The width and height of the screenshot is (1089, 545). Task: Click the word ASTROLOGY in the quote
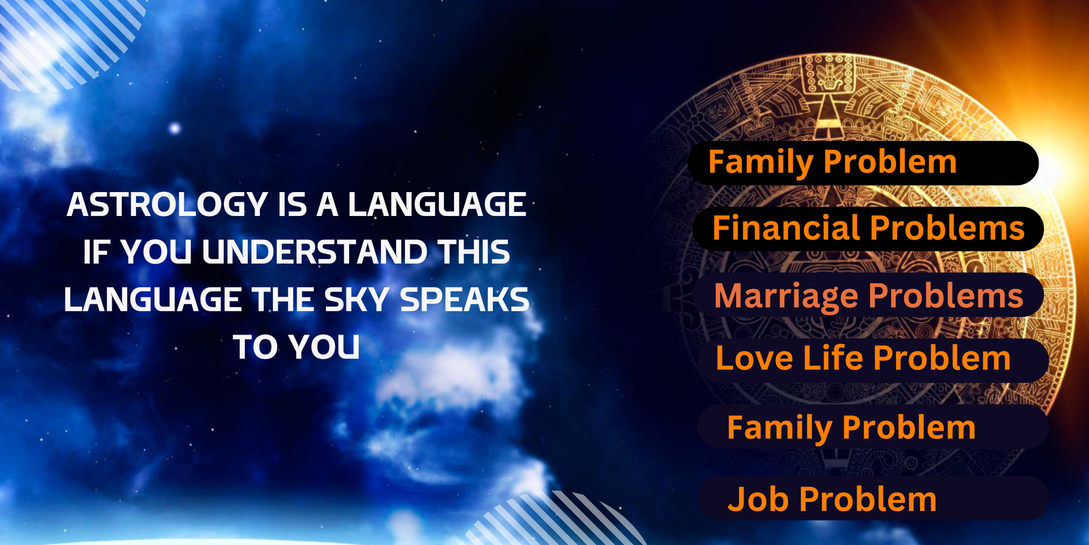click(x=167, y=204)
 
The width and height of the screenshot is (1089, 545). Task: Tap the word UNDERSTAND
click(x=314, y=252)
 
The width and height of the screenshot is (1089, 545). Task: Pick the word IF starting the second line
click(x=95, y=252)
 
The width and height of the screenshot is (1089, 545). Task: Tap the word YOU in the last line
click(x=324, y=347)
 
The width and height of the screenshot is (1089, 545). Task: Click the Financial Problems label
click(x=868, y=228)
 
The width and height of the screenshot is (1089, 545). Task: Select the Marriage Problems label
click(x=868, y=296)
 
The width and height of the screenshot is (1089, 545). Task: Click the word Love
click(x=755, y=358)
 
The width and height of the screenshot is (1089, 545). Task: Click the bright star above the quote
click(x=174, y=129)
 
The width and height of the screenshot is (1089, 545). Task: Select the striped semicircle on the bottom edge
click(x=554, y=520)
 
